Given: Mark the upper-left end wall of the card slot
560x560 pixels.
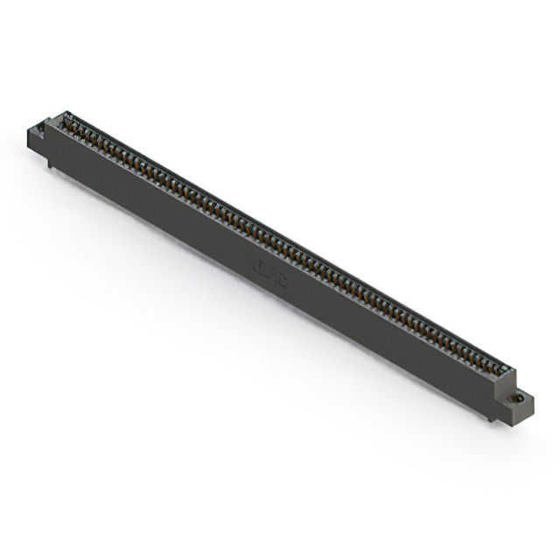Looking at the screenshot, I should coord(58,121).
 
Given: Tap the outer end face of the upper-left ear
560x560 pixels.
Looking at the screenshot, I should coord(31,140).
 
